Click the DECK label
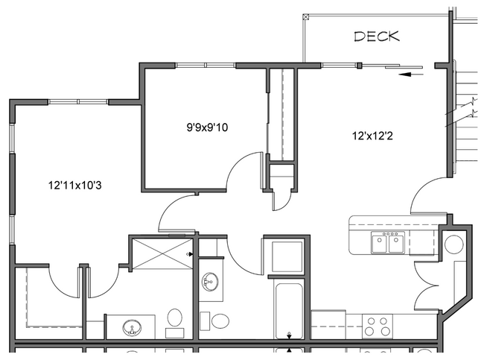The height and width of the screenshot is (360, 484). tap(377, 36)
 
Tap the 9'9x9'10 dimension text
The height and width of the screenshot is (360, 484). tap(207, 127)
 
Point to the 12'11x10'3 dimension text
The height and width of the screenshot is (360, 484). tap(74, 185)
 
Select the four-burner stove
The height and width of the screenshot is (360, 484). tap(377, 326)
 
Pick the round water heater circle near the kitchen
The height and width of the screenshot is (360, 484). tap(453, 244)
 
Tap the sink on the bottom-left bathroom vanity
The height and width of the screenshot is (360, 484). tap(133, 328)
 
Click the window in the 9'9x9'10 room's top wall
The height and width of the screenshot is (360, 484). tap(206, 66)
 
